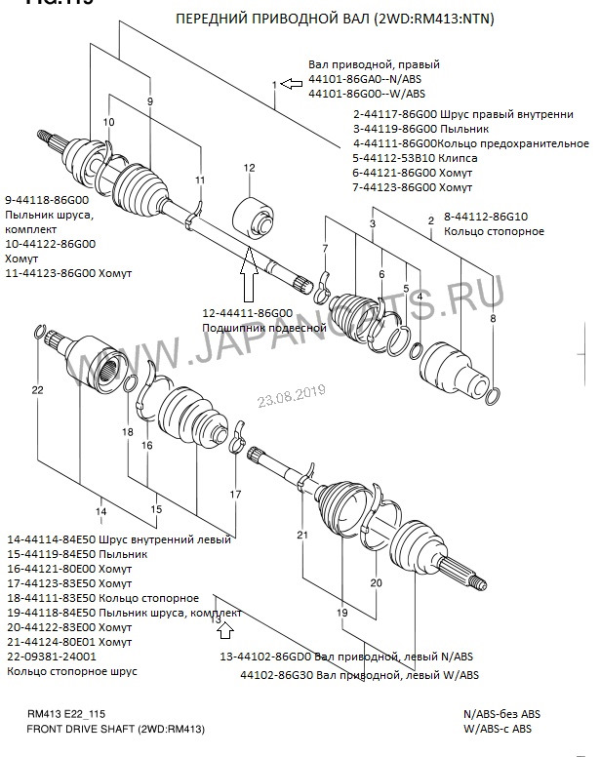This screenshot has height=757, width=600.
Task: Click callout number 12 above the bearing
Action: coord(249,168)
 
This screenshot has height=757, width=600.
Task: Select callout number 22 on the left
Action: coord(37,391)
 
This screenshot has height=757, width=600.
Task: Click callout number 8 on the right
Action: coord(494,319)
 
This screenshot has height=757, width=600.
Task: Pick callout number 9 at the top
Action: coord(150,101)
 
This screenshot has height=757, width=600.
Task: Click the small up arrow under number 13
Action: coord(215,631)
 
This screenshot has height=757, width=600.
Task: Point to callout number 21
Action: coord(302,536)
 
